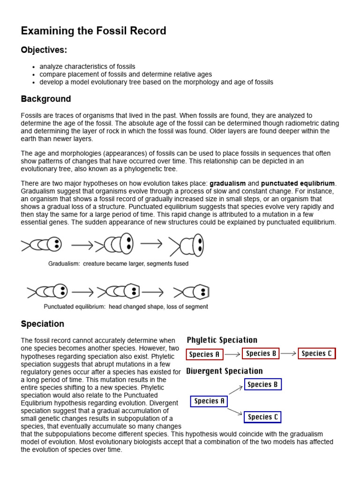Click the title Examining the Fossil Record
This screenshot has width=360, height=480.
coord(93,31)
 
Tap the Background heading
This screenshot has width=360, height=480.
coord(46,99)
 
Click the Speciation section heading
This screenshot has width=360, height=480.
coord(43,324)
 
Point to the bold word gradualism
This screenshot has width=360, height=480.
coord(227,183)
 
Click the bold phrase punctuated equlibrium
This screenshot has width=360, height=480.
coord(298,183)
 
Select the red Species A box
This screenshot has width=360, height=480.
coord(204,354)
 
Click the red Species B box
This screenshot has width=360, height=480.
coord(261,354)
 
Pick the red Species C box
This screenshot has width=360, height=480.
coord(317,354)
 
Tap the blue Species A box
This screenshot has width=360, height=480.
coord(209,401)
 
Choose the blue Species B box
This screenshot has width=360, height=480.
coord(262,385)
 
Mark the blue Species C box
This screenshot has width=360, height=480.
coord(262,417)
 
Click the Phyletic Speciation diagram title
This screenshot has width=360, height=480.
coord(222,340)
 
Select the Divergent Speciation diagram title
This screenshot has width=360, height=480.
coord(225,371)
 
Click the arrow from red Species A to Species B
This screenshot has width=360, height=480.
coord(232,355)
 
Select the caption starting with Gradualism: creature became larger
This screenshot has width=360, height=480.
coord(118,264)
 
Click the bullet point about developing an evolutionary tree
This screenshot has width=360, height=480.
coord(156,82)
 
